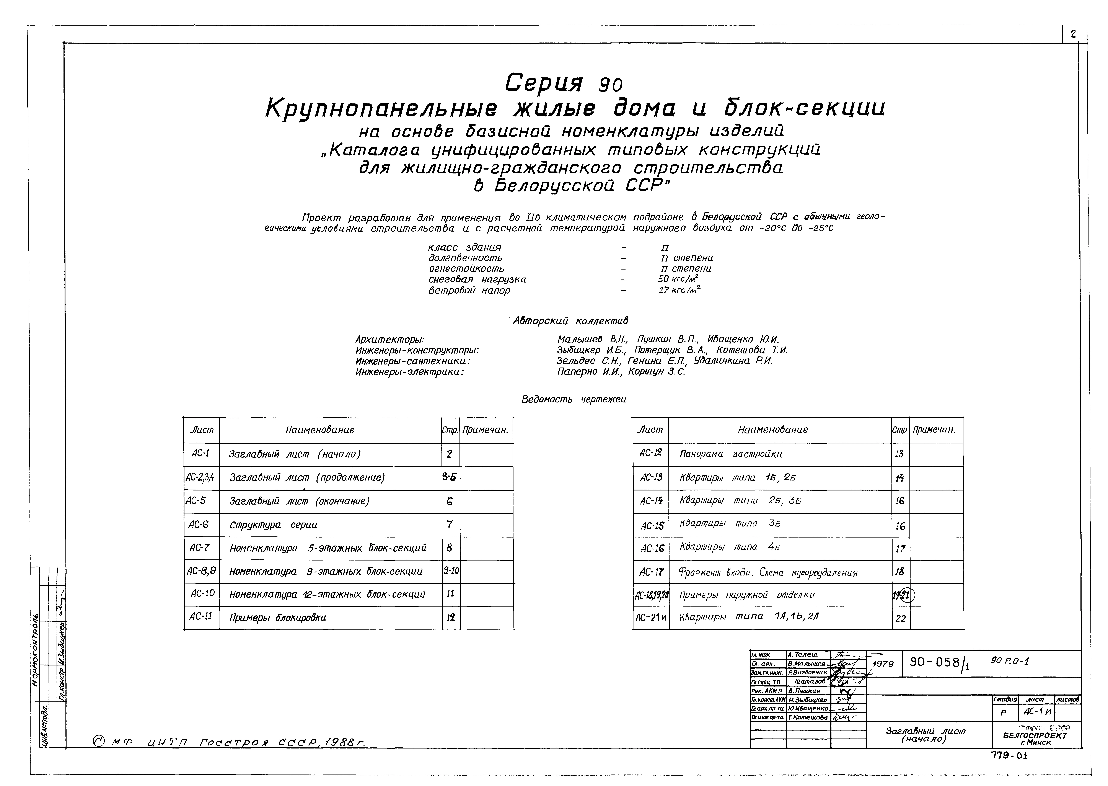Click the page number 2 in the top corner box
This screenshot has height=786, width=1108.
[1073, 34]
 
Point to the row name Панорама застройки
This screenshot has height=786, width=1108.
[731, 454]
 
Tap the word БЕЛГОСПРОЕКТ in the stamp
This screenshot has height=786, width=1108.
[1035, 736]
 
